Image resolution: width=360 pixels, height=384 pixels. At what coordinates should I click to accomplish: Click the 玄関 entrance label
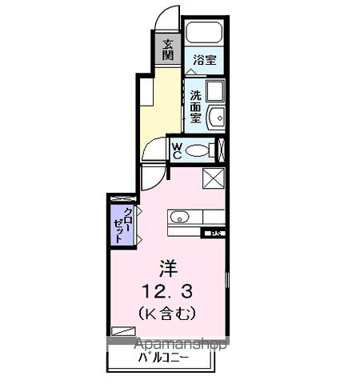coord(168,50)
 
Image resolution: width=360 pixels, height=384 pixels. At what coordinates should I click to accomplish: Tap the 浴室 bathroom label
coord(206,59)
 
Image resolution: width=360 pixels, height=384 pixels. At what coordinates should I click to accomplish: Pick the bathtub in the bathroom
coord(205,33)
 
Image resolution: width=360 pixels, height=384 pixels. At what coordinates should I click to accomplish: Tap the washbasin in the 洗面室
coord(216,117)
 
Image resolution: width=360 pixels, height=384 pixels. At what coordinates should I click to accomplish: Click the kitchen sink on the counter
coord(180,216)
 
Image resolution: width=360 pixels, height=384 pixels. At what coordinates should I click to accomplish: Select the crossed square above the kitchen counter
coord(214,178)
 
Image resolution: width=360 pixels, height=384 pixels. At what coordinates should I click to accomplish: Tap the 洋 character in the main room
coord(166,266)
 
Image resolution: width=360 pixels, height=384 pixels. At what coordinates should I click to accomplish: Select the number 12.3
coord(166,286)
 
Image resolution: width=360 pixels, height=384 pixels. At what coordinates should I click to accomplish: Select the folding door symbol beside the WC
coord(222,150)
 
